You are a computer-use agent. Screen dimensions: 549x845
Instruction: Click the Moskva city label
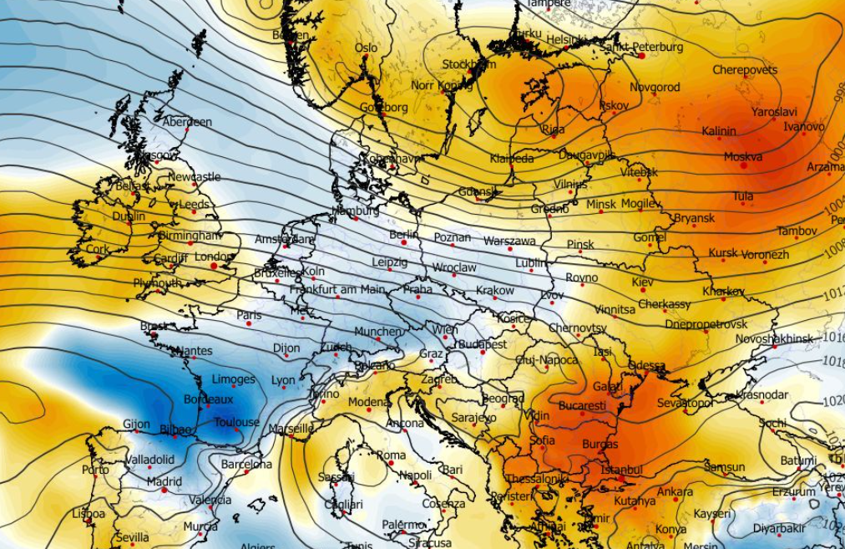pyautogui.click(x=742, y=156)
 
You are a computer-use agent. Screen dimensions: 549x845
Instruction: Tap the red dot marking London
pyautogui.click(x=214, y=266)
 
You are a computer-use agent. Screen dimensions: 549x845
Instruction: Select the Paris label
pyautogui.click(x=249, y=315)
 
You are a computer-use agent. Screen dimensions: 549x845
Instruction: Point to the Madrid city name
pyautogui.click(x=164, y=481)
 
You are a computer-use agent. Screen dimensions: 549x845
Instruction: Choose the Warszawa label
pyautogui.click(x=509, y=241)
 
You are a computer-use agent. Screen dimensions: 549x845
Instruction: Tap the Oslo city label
pyautogui.click(x=366, y=48)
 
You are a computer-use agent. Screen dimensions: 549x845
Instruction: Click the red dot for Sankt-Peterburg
pyautogui.click(x=641, y=56)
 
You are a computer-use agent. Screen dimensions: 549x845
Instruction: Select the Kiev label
pyautogui.click(x=643, y=282)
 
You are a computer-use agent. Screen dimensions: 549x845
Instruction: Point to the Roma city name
pyautogui.click(x=391, y=455)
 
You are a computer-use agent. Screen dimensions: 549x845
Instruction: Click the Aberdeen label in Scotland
pyautogui.click(x=186, y=122)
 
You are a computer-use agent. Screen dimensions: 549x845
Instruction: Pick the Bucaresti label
pyautogui.click(x=582, y=405)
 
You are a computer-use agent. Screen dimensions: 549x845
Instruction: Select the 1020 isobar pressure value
pyautogui.click(x=835, y=400)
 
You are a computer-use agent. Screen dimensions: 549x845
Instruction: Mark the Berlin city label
pyautogui.click(x=403, y=235)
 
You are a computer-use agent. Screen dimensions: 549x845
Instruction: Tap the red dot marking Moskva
pyautogui.click(x=743, y=165)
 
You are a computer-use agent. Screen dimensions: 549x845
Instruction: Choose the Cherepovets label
pyautogui.click(x=745, y=70)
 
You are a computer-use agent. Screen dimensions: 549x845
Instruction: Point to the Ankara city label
pyautogui.click(x=674, y=492)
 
